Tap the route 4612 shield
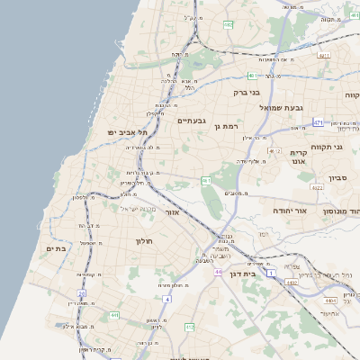274,151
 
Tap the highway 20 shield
81,292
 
